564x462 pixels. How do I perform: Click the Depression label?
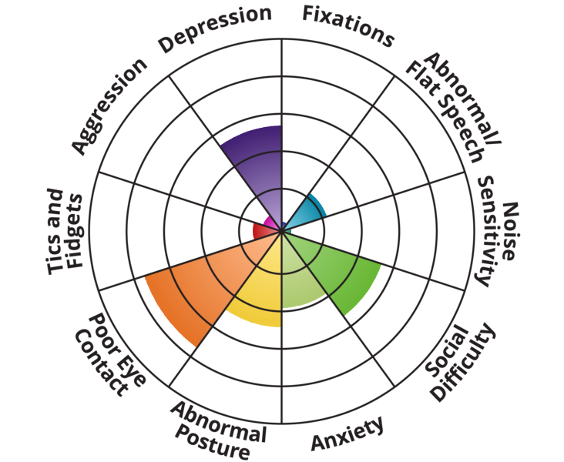pos(215,29)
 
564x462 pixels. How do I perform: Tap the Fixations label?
pos(347,25)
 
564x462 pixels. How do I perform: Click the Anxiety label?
pos(347,434)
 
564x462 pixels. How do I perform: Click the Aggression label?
pos(109,105)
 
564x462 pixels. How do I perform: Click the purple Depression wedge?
pos(259,166)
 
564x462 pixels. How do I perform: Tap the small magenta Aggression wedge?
pos(269,223)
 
